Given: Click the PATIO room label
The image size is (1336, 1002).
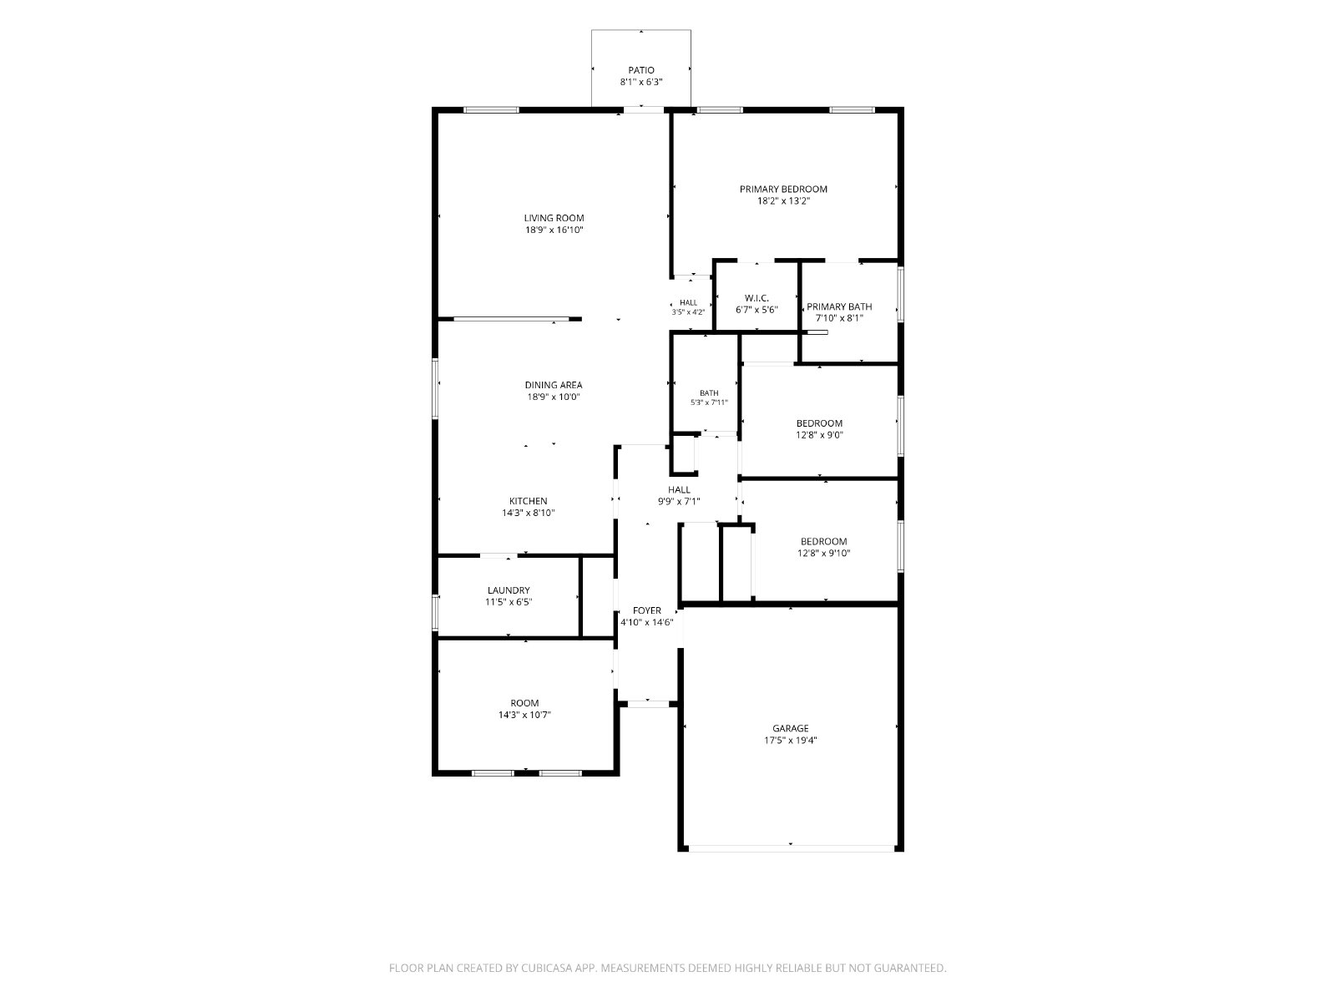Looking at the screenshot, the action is click(x=641, y=71).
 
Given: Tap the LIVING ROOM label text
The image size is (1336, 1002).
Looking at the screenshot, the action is click(x=554, y=219).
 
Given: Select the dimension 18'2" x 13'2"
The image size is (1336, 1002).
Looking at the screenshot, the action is click(x=783, y=200).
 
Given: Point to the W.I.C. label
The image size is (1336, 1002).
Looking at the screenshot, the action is click(x=757, y=298).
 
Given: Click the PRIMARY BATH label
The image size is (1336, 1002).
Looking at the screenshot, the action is click(x=839, y=306).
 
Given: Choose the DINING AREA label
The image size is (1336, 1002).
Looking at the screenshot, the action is click(x=554, y=385).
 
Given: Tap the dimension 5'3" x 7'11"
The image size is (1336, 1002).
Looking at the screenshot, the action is click(x=709, y=402).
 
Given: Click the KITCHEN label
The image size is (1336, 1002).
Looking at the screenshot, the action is click(x=529, y=501).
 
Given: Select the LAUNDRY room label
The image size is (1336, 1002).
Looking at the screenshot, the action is click(x=509, y=590).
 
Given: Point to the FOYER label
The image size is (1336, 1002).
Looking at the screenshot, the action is click(x=647, y=611).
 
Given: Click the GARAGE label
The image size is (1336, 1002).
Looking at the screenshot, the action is click(x=791, y=729).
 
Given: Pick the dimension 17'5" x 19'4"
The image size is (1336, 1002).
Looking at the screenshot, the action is click(x=791, y=741).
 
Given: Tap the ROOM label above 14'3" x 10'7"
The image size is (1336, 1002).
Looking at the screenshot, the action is click(x=524, y=703).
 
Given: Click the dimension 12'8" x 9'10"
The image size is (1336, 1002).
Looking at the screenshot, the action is click(x=823, y=554).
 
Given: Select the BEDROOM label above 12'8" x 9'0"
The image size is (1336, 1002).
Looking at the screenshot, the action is click(x=819, y=423).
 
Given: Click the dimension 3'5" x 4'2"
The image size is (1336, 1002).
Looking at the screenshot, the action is click(x=688, y=312).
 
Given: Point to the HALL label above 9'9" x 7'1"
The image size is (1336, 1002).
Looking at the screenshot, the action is click(x=679, y=490).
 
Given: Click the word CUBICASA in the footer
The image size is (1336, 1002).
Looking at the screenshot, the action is click(x=547, y=968).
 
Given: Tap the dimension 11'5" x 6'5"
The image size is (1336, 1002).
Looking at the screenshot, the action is click(x=509, y=603).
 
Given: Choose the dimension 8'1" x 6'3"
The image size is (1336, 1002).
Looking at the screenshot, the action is click(x=641, y=82).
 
